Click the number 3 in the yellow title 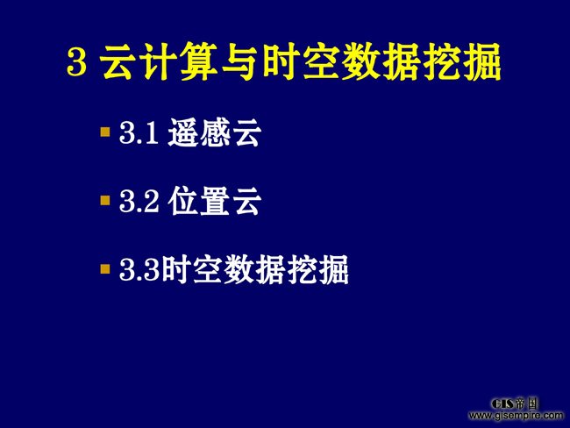pos(77,62)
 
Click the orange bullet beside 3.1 pos(105,132)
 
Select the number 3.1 pos(139,132)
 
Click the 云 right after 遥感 pos(247,132)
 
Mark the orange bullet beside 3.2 pos(105,200)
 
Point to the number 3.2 pos(139,202)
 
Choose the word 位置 pos(199,201)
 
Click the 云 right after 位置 pos(247,201)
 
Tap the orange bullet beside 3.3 pos(105,269)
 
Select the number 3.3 pos(139,270)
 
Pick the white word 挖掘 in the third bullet pos(317,269)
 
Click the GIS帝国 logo pos(515,403)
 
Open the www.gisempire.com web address pos(516,415)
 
